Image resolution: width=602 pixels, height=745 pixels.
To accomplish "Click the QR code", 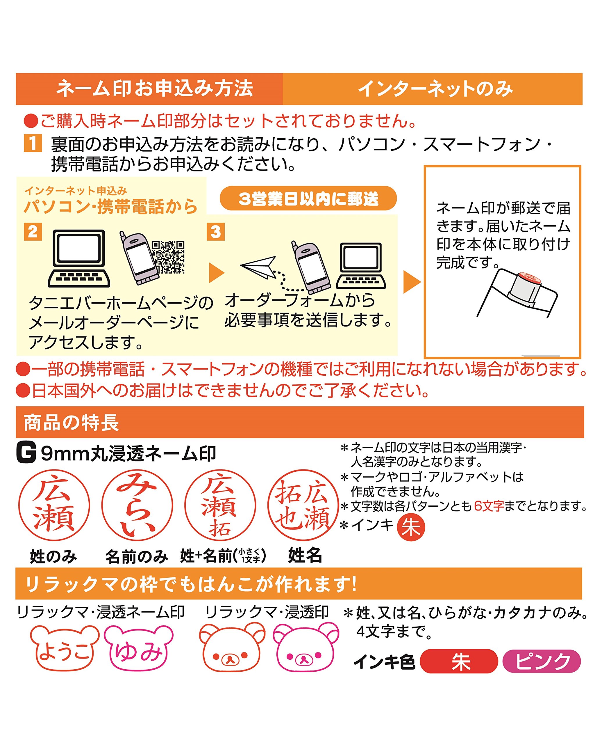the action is click(x=168, y=257).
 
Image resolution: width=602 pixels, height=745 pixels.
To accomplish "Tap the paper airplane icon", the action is click(x=259, y=267).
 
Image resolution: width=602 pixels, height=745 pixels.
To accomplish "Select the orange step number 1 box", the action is click(x=33, y=143).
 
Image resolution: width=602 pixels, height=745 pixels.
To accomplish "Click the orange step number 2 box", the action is click(x=33, y=232).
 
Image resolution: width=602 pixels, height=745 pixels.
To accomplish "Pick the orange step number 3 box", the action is click(x=216, y=232).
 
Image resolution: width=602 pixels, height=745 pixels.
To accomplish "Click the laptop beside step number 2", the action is click(x=79, y=258).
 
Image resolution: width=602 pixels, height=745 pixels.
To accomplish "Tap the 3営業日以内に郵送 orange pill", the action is click(x=308, y=198).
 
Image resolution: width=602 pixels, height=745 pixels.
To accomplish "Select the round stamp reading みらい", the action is click(x=137, y=505).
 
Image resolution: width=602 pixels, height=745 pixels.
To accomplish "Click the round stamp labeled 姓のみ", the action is click(x=54, y=505).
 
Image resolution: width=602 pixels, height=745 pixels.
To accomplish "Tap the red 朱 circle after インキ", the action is click(x=411, y=527).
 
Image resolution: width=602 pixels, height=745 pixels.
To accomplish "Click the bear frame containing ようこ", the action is click(x=64, y=648).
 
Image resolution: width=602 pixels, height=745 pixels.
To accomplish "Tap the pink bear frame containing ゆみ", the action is click(x=139, y=648).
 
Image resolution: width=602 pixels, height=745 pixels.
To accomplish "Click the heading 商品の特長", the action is click(x=72, y=423).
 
